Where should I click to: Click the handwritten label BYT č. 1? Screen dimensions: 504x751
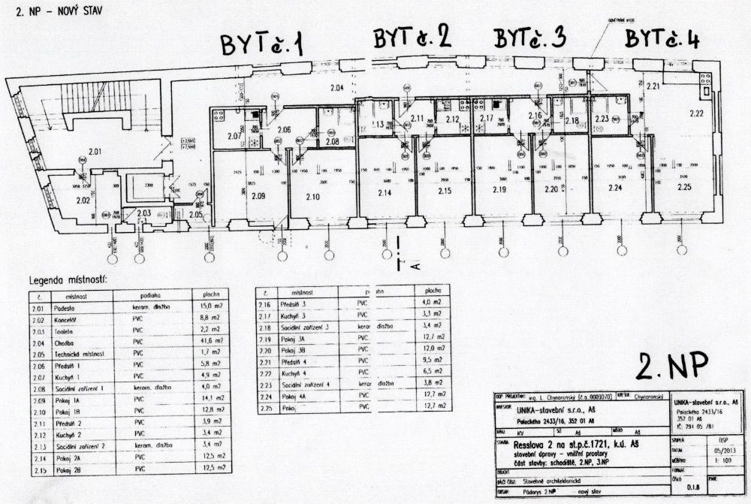click(261, 45)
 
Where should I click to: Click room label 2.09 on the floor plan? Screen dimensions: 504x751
click(258, 197)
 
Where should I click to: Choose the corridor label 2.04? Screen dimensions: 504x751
click(337, 89)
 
